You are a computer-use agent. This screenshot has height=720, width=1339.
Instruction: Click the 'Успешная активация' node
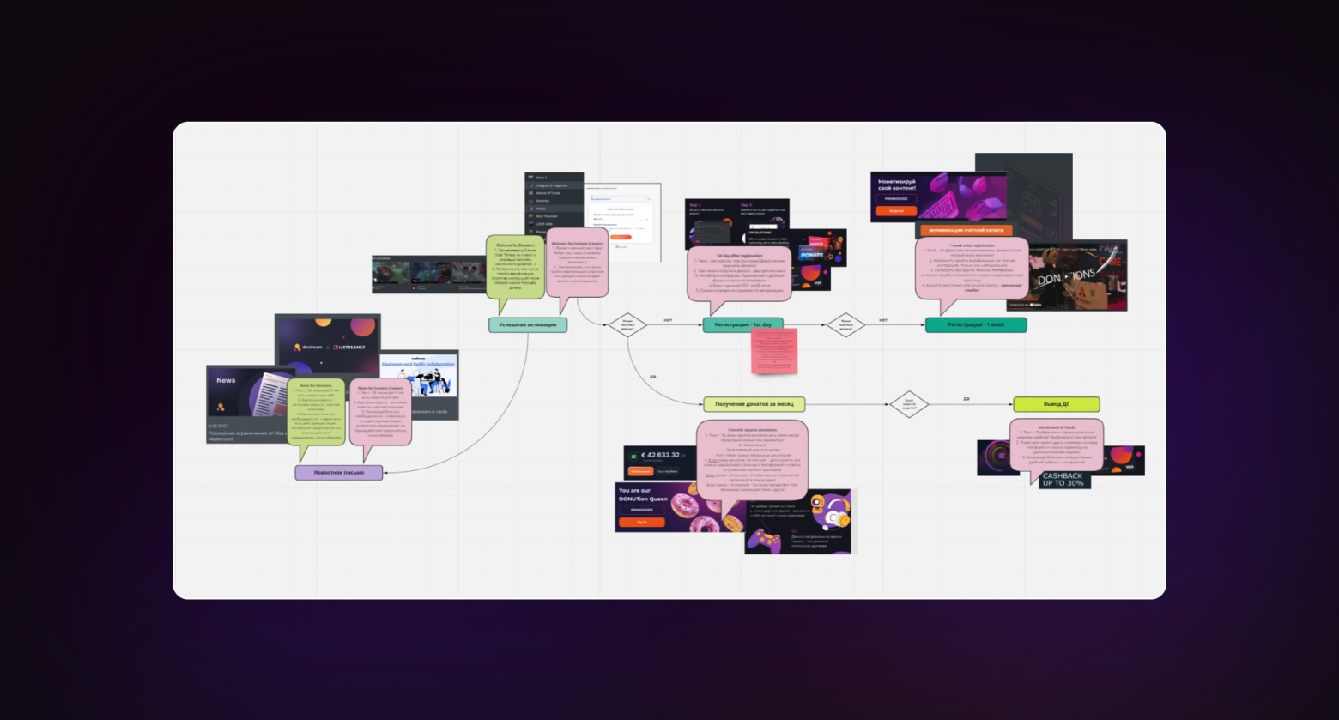coord(528,325)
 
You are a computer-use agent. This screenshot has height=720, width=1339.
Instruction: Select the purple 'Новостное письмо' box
coord(339,473)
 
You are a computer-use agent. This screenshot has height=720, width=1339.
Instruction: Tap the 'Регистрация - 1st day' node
coord(742,325)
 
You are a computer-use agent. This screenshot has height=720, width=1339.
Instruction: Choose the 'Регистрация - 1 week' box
coord(975,325)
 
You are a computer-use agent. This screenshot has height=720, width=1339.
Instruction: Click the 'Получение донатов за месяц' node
coord(754,404)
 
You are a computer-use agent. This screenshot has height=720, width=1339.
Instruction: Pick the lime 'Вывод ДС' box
coord(1056,404)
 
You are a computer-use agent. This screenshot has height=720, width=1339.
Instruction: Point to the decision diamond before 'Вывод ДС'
coord(909,404)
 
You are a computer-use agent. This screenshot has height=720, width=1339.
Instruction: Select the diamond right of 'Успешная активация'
coord(627,324)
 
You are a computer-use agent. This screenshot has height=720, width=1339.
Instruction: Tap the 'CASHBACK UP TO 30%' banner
coord(1063,480)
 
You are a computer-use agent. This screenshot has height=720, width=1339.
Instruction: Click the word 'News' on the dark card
coord(226,380)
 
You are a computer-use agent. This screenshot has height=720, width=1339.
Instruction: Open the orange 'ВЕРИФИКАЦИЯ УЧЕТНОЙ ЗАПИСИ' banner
coord(966,231)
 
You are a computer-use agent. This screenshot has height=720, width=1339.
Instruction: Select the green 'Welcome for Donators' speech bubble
coord(515,266)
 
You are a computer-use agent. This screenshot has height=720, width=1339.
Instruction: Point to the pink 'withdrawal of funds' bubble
coord(1056,446)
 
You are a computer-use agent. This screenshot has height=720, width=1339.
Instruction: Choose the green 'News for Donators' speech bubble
coord(315,411)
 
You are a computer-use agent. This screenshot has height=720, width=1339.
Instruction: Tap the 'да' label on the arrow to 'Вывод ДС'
coord(966,399)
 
